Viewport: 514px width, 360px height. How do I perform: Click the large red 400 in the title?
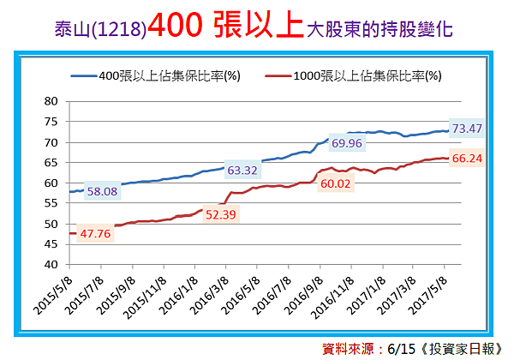click(x=176, y=28)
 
